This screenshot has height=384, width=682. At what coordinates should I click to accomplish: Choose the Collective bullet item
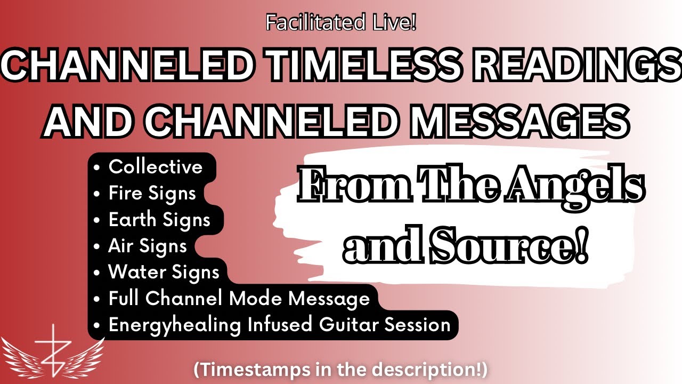pyautogui.click(x=156, y=166)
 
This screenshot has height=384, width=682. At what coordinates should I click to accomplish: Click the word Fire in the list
pyautogui.click(x=126, y=193)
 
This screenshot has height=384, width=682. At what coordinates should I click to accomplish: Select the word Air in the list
pyautogui.click(x=121, y=246)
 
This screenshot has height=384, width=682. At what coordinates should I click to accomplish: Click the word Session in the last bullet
pyautogui.click(x=417, y=325)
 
